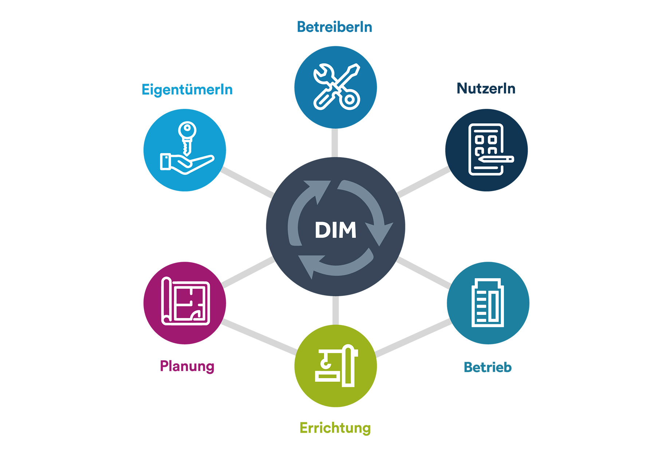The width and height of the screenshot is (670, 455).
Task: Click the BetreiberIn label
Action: (x=335, y=27)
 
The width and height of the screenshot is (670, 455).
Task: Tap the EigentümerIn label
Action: (x=187, y=90)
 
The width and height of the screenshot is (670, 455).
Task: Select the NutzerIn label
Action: (x=486, y=88)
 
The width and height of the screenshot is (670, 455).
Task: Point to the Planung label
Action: (x=187, y=366)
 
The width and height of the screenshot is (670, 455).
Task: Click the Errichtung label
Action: (x=335, y=428)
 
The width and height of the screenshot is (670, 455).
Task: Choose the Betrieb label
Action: (x=488, y=367)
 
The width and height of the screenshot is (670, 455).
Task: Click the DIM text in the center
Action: (x=335, y=230)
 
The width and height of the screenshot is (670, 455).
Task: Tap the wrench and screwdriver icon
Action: (x=337, y=87)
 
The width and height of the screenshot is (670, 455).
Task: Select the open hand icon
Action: (x=187, y=164)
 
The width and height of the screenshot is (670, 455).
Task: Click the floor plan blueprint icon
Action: (x=186, y=301)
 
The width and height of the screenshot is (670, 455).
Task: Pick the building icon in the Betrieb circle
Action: (x=488, y=302)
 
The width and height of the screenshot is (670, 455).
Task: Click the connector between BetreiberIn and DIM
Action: (x=335, y=143)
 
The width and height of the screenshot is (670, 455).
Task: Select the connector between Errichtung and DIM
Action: (x=335, y=310)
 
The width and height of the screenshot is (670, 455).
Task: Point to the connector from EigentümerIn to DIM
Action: (x=248, y=182)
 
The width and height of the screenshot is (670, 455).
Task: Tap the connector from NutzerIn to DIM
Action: (x=423, y=182)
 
